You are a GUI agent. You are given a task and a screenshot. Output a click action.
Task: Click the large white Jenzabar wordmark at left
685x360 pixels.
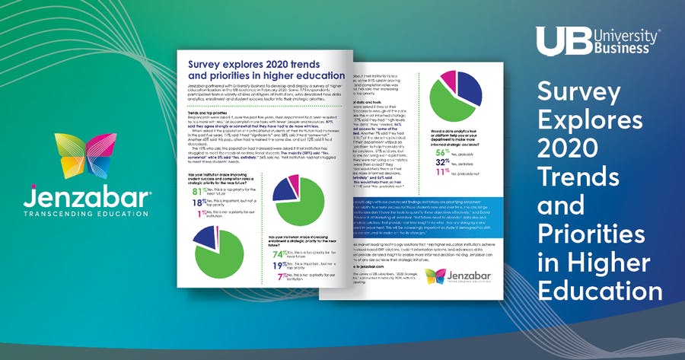[x=75, y=200]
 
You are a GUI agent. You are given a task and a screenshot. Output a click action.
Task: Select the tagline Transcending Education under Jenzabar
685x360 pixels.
[x=75, y=215]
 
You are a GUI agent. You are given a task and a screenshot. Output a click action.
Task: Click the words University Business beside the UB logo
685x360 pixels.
[x=623, y=41]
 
